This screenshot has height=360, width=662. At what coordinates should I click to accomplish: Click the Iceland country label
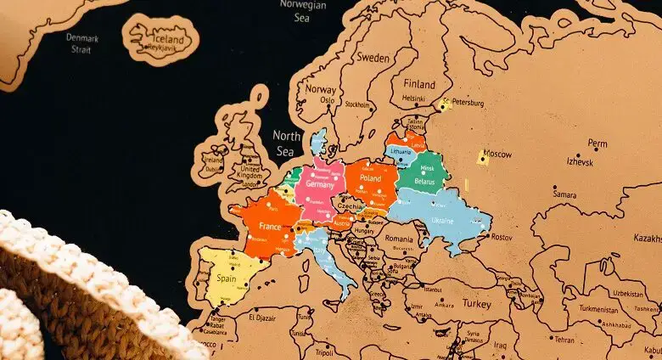[166, 38]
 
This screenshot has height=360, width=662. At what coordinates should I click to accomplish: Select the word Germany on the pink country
[317, 184]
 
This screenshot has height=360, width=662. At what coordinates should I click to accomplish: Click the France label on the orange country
[269, 227]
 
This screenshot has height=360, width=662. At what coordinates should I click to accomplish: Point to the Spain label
[226, 278]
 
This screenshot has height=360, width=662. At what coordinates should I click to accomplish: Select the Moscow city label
[497, 154]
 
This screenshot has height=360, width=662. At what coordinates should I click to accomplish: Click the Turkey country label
[476, 303]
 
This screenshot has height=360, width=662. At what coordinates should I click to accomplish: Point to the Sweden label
[372, 58]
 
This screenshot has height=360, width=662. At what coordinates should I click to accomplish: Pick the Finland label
[419, 84]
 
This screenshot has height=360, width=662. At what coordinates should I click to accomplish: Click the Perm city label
[597, 143]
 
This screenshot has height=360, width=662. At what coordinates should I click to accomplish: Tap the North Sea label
[287, 143]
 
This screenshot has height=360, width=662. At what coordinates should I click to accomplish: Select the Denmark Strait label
[82, 43]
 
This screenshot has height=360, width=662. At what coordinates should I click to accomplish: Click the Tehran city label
[564, 339]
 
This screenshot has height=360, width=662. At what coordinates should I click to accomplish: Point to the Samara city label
[564, 194]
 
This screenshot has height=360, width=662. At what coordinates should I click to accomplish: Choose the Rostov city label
[501, 237]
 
